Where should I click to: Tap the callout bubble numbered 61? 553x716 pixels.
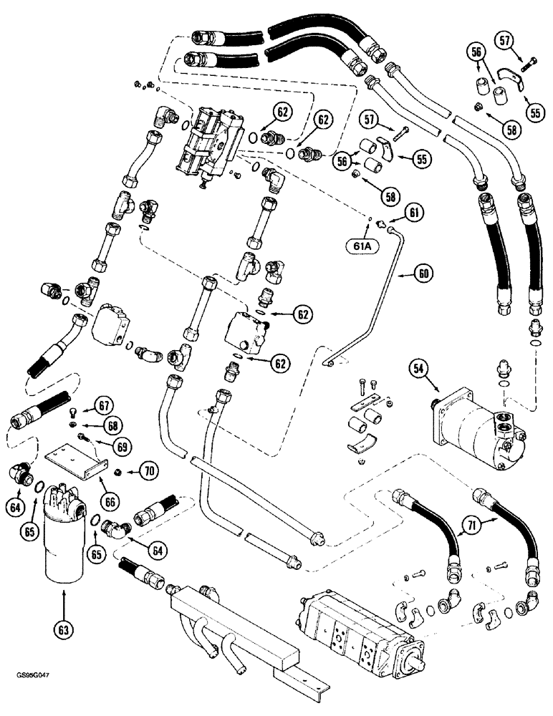414,212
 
